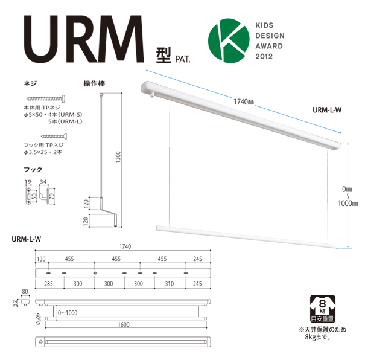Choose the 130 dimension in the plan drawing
pos(42,259)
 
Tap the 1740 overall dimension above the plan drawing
pos(125,246)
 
